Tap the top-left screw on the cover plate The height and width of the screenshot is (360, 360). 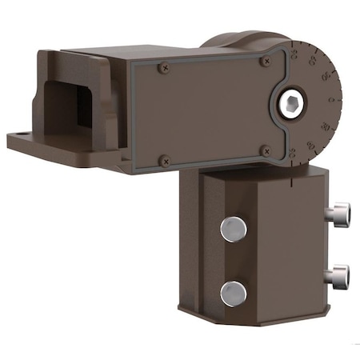(165, 68)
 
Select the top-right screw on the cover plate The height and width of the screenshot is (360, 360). (266, 59)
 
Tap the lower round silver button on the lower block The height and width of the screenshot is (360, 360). (233, 292)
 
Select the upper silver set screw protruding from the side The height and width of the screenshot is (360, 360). (338, 214)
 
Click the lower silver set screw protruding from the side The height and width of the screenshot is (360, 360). (338, 276)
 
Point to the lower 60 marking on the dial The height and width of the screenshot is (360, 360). (310, 145)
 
